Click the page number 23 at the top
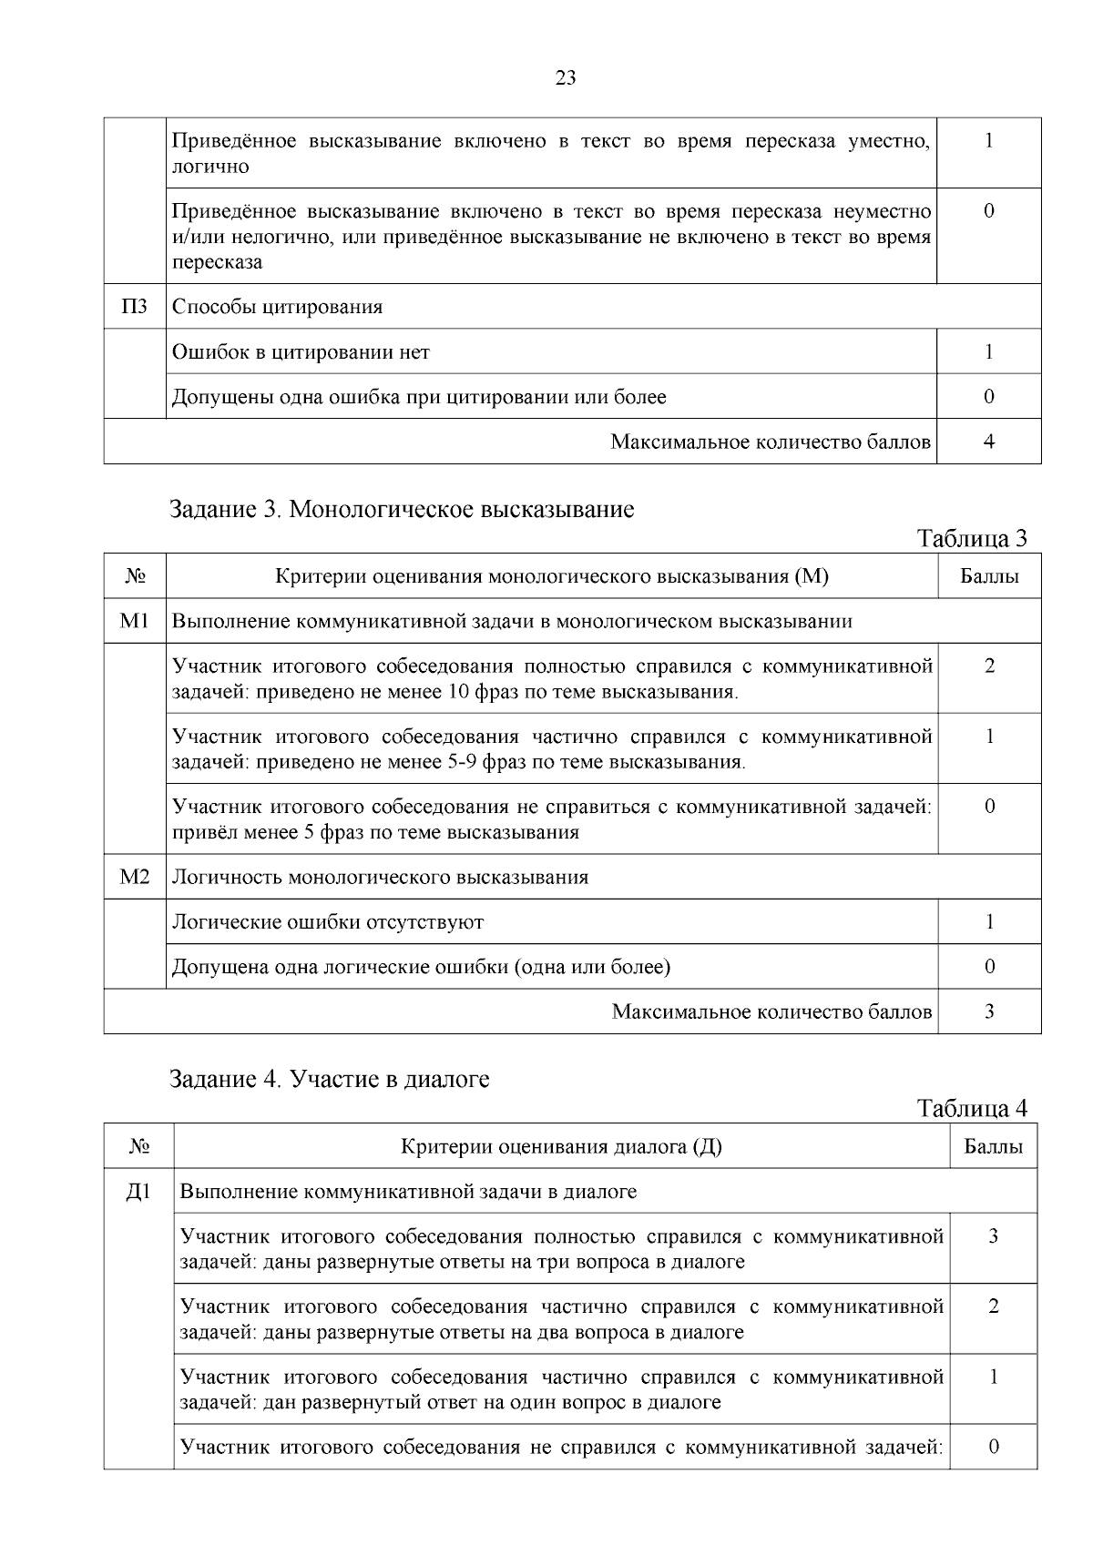click(566, 78)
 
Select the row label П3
click(134, 307)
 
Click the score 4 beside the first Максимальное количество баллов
click(989, 442)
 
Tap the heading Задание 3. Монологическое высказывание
click(402, 509)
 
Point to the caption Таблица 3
click(972, 539)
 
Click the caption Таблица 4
click(972, 1109)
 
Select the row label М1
click(134, 622)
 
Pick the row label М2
click(134, 878)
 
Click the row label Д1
click(138, 1192)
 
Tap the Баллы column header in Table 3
click(989, 576)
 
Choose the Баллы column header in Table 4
click(993, 1147)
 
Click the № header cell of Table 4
click(138, 1147)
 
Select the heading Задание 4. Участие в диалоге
click(330, 1080)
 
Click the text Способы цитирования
click(278, 307)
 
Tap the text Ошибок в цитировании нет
click(301, 352)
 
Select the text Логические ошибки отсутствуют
click(328, 922)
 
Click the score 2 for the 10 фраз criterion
click(989, 666)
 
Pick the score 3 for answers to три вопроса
click(993, 1236)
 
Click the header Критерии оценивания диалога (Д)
click(561, 1147)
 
